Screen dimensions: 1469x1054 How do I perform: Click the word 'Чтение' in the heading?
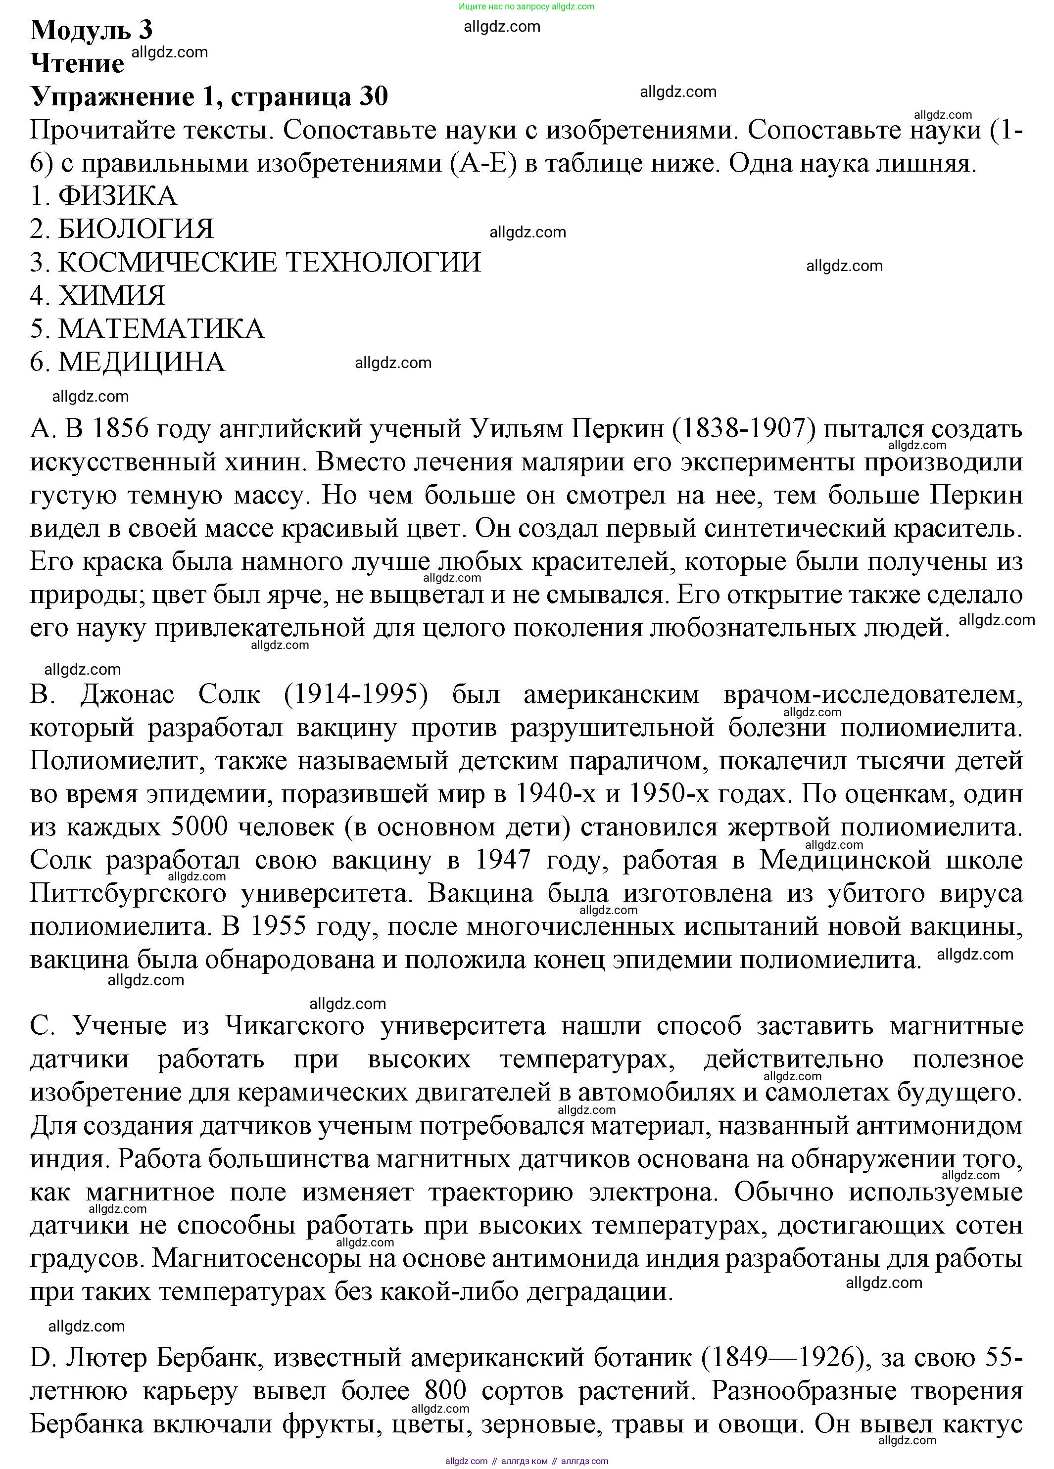pyautogui.click(x=77, y=63)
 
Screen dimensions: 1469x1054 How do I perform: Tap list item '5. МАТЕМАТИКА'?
pyautogui.click(x=147, y=329)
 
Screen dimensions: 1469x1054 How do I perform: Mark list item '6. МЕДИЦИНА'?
pyautogui.click(x=128, y=362)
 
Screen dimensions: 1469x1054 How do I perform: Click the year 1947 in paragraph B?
pyautogui.click(x=503, y=860)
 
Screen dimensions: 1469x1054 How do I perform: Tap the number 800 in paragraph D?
pyautogui.click(x=446, y=1391)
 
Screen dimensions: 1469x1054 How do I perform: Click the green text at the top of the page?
pyautogui.click(x=526, y=6)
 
